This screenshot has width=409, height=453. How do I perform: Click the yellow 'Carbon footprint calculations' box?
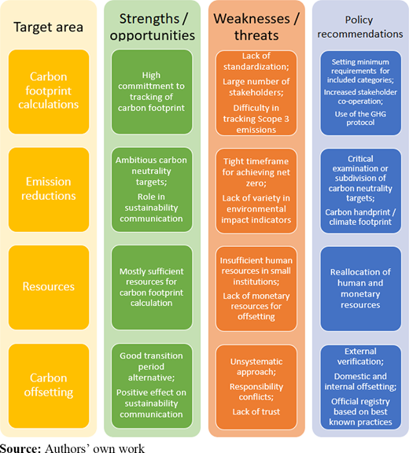49,91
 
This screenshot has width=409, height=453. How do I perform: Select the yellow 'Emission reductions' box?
49,190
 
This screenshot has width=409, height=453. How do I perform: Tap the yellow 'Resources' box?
49,288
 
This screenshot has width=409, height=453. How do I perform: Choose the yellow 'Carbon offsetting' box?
49,385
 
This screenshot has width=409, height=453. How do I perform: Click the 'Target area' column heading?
48,28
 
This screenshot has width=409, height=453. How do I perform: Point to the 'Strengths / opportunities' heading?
153,28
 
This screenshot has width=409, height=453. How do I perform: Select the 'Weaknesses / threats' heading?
256,28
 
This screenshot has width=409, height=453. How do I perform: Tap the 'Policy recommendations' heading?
360,27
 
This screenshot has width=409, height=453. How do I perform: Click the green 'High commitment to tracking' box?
152,91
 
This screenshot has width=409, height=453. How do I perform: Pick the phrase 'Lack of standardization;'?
256,61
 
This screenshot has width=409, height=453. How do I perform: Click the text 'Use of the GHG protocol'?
360,118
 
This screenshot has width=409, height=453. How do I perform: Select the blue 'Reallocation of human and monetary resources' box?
360,289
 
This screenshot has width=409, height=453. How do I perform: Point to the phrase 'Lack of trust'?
256,411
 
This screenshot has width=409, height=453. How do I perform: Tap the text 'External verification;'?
360,356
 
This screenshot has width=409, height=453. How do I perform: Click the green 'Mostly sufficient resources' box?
152,288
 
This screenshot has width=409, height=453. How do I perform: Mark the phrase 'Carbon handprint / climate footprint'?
360,217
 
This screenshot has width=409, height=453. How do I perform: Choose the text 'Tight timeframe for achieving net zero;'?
256,172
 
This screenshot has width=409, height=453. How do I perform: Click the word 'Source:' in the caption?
20,448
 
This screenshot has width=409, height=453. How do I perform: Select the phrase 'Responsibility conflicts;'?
256,392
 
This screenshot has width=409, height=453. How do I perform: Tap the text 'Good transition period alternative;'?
151,366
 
